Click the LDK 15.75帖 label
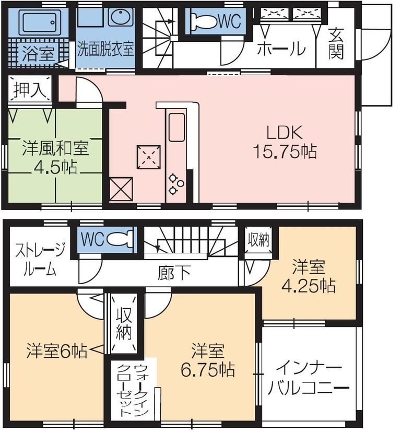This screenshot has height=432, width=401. pyautogui.click(x=285, y=142)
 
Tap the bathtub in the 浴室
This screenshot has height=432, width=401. pyautogui.click(x=37, y=22)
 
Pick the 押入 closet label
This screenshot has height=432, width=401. pyautogui.click(x=29, y=89)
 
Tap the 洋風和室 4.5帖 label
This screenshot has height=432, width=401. pyautogui.click(x=55, y=157)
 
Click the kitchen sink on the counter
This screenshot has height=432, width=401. pyautogui.click(x=176, y=125)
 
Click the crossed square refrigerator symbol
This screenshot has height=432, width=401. pyautogui.click(x=121, y=189)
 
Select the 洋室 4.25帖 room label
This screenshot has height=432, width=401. pyautogui.click(x=308, y=277)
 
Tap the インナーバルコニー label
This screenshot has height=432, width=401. pyautogui.click(x=308, y=378)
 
